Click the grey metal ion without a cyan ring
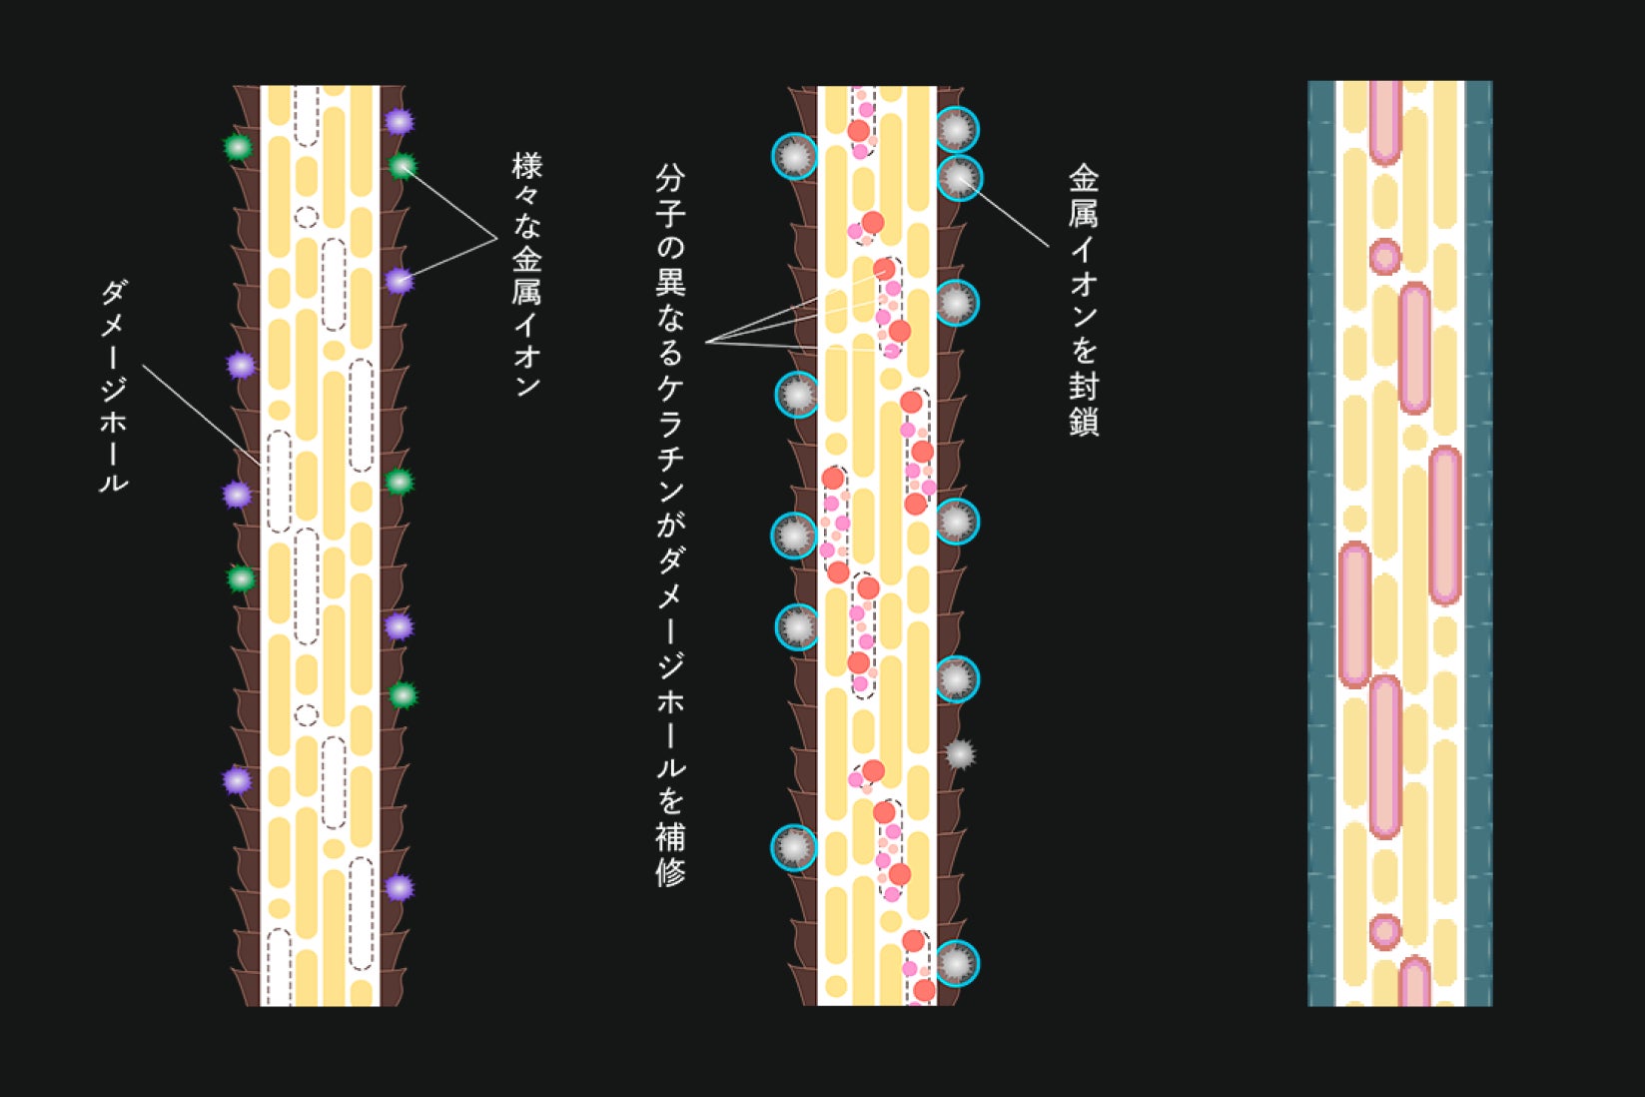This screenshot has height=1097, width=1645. pos(960,754)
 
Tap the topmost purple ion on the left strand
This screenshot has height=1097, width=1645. pos(400,122)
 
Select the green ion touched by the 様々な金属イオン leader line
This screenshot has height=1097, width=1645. pos(403,166)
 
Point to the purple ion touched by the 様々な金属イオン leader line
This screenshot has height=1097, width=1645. pos(400,281)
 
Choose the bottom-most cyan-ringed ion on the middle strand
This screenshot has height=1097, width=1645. pos(957,963)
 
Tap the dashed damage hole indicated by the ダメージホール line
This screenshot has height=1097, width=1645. pos(279,481)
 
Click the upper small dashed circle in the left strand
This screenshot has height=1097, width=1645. pos(307,217)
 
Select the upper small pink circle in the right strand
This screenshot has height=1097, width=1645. pos(1384,257)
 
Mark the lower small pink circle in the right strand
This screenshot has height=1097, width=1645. pos(1384,931)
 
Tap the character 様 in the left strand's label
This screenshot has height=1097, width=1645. pos(526,166)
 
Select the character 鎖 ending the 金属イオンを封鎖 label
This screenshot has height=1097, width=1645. pos(1084,421)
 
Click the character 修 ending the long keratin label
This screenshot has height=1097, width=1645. pos(670,871)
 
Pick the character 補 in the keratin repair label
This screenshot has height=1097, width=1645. pos(670,835)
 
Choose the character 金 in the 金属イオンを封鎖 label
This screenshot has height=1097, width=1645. pos(1084,180)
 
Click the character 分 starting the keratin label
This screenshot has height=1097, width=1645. pos(670,180)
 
